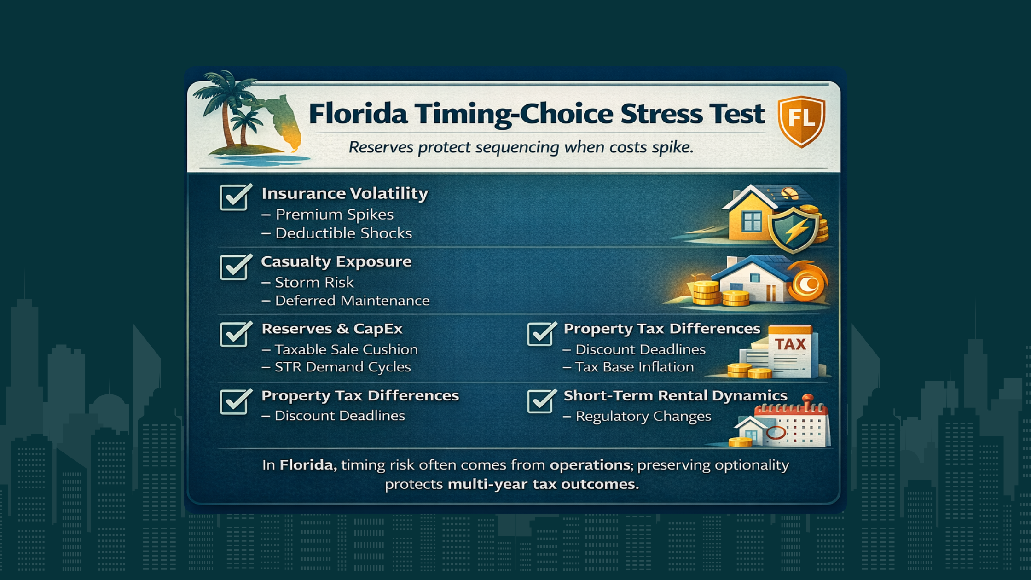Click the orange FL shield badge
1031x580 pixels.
click(801, 121)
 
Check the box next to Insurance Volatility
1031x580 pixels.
click(234, 197)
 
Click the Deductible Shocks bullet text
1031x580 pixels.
click(343, 233)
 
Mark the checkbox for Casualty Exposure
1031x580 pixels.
click(234, 267)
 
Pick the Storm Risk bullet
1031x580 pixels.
click(314, 282)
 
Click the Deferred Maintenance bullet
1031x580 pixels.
click(352, 301)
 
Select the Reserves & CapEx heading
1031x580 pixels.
click(332, 329)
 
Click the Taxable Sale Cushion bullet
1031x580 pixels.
click(346, 349)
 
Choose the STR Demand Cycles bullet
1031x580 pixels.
click(342, 367)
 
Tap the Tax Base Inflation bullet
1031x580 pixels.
click(634, 367)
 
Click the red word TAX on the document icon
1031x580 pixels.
click(790, 344)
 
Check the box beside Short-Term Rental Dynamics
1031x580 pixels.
click(540, 401)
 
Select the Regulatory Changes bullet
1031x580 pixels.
click(643, 416)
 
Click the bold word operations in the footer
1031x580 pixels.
click(590, 465)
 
